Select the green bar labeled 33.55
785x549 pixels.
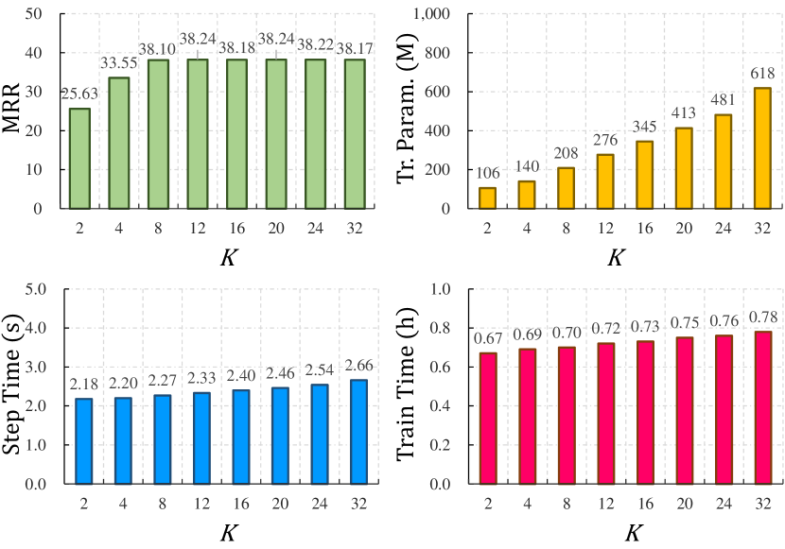tap(119, 143)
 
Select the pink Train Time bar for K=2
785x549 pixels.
tap(488, 418)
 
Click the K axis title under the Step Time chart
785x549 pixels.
tap(228, 533)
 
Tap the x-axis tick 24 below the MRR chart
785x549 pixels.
tap(317, 228)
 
